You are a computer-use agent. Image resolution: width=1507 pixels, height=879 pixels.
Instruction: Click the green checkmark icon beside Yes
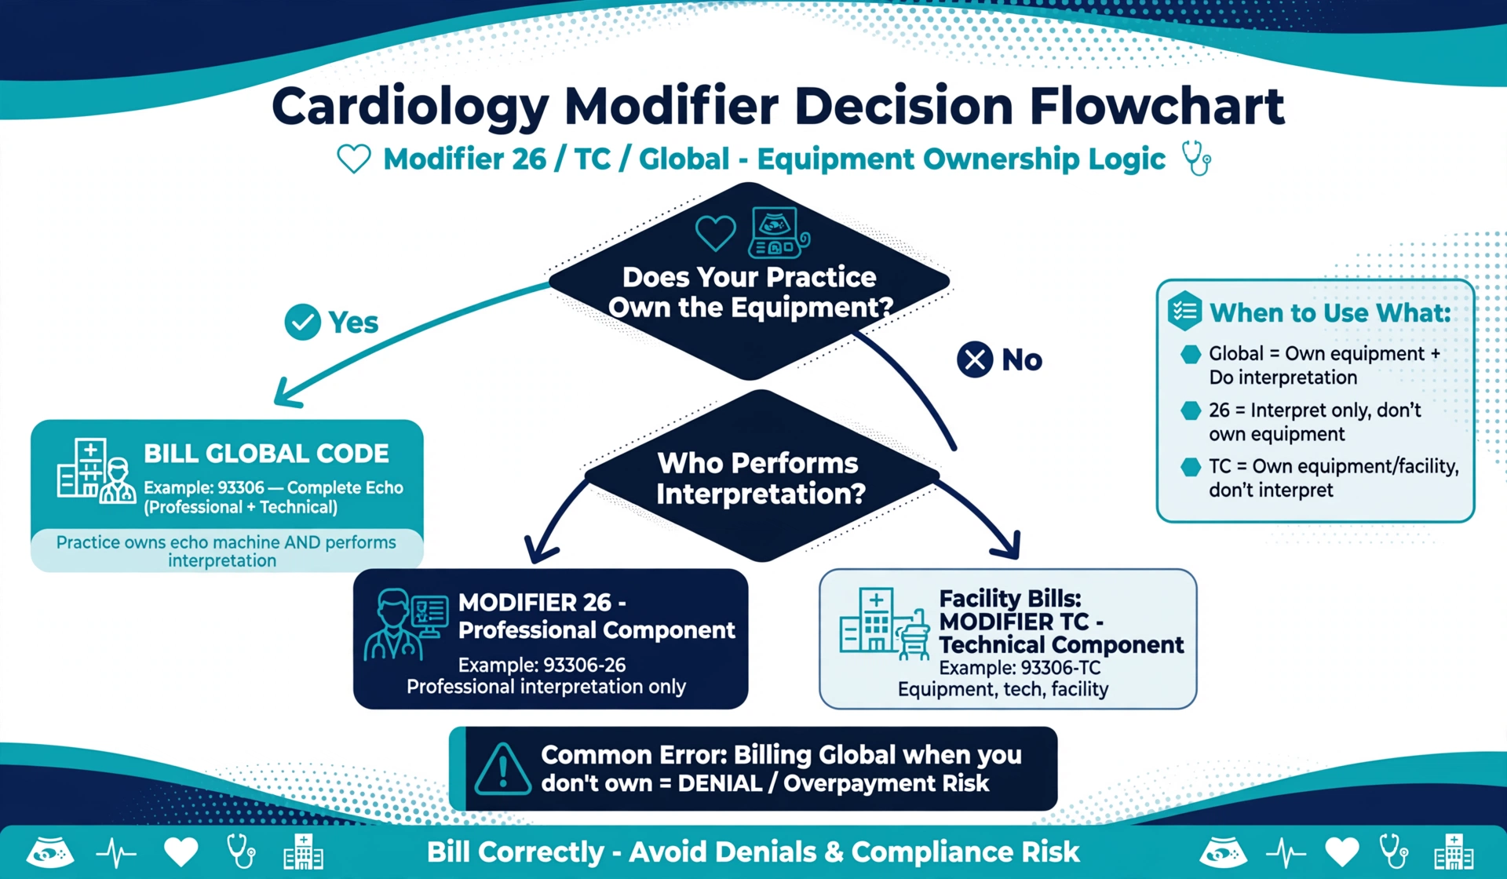click(x=302, y=322)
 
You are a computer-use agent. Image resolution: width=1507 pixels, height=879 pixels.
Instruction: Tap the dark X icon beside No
click(x=975, y=359)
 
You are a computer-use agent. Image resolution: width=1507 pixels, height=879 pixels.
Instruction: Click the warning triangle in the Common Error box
click(x=503, y=769)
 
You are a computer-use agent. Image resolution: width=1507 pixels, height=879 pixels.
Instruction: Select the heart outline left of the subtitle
click(x=354, y=159)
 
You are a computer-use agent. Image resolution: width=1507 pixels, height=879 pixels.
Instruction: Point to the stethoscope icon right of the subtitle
click(x=1197, y=158)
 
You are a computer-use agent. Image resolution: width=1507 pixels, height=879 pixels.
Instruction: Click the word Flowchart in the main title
click(x=1157, y=106)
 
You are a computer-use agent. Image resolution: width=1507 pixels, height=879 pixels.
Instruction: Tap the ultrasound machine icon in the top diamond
click(x=779, y=233)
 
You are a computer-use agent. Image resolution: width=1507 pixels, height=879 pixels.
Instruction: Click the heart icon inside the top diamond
click(x=715, y=233)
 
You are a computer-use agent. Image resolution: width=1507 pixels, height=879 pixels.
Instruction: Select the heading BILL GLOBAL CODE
click(x=266, y=454)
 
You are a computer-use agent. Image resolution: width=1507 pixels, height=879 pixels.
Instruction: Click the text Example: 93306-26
click(x=542, y=665)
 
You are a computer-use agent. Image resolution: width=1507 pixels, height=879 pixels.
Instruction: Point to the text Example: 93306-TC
click(x=1020, y=668)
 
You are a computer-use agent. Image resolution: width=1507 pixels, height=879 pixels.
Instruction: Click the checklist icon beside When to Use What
click(x=1184, y=311)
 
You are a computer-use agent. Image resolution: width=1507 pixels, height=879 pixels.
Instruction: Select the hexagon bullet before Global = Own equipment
click(x=1191, y=354)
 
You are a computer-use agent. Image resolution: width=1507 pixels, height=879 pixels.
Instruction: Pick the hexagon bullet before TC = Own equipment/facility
click(x=1191, y=467)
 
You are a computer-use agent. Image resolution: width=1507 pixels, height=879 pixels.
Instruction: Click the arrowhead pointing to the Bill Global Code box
click(x=287, y=392)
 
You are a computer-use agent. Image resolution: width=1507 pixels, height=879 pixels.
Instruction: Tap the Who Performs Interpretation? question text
click(x=760, y=478)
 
